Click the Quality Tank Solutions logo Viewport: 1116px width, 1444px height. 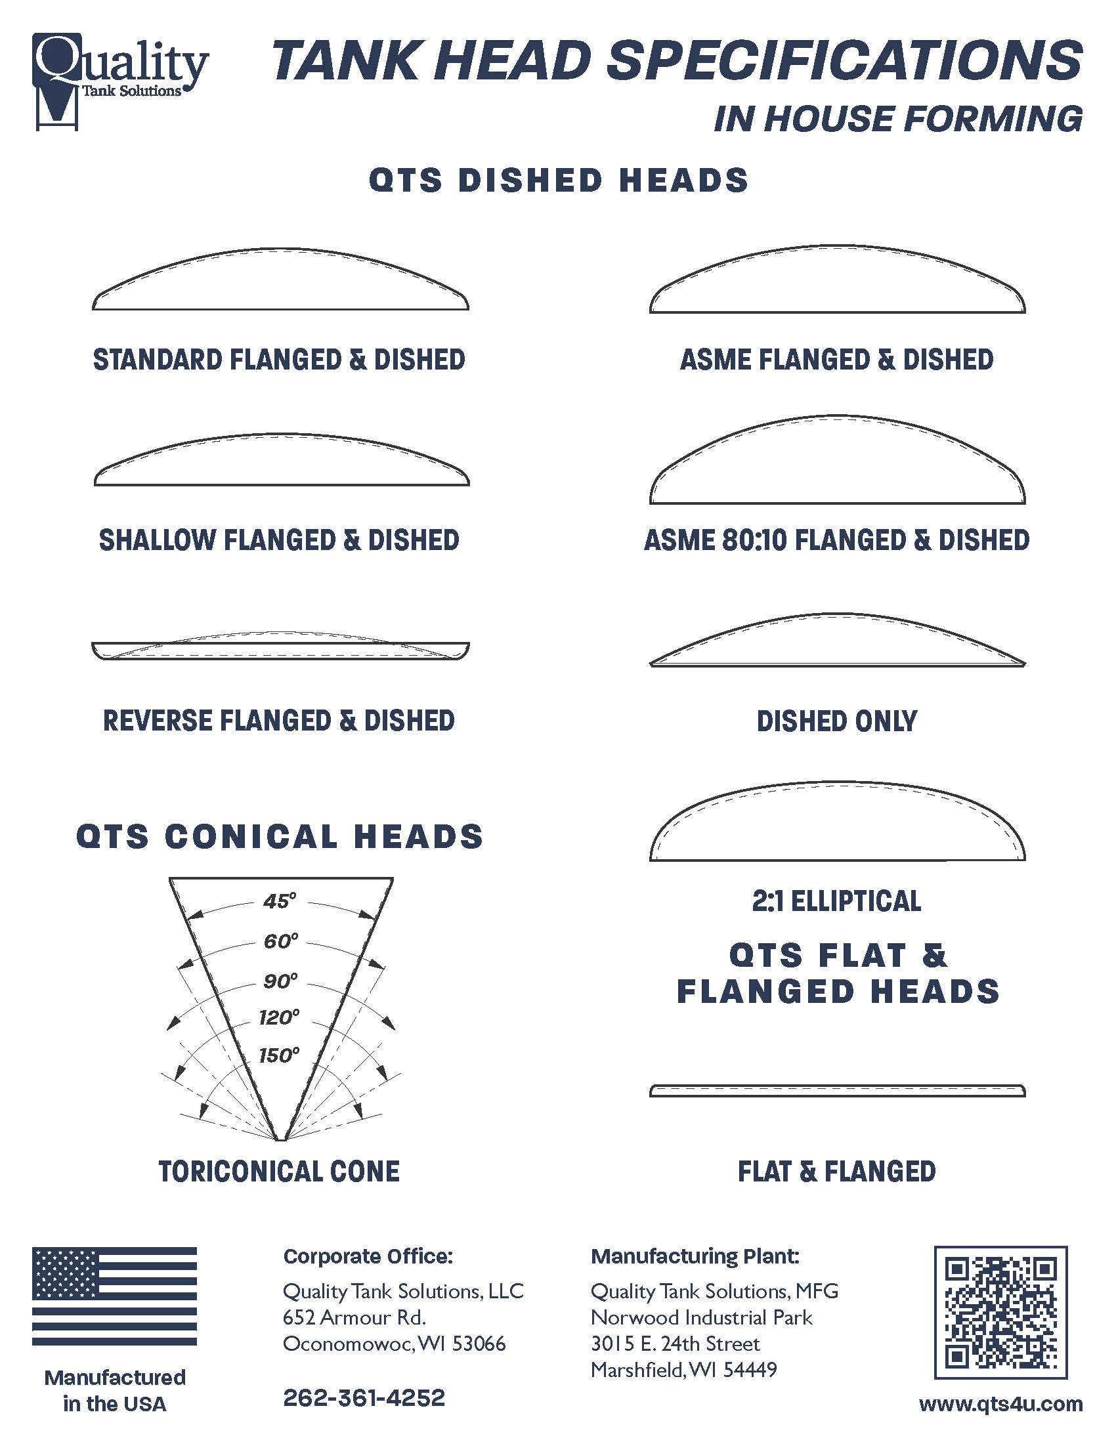pos(119,79)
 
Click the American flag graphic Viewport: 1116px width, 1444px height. pos(114,1296)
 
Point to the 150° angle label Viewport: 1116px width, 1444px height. pos(279,1055)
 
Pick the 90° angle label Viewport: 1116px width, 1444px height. pos(280,981)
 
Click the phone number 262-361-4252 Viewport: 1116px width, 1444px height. pos(364,1397)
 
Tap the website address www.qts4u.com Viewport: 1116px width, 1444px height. pos(1000,1404)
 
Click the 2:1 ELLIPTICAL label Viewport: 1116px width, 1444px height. pos(836,901)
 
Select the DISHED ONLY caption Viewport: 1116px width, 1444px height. pos(836,721)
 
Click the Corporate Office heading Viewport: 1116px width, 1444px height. pos(368,1256)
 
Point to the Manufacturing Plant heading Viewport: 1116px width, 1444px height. pos(695,1256)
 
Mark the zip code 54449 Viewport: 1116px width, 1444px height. pos(750,1369)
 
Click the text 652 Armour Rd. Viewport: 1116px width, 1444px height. pos(354,1317)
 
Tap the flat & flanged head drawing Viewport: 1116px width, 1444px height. pos(837,1091)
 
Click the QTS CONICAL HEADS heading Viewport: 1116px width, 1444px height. pos(280,836)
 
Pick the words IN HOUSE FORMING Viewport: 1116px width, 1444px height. pos(898,119)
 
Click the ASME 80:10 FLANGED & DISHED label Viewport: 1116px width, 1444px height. pos(836,540)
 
